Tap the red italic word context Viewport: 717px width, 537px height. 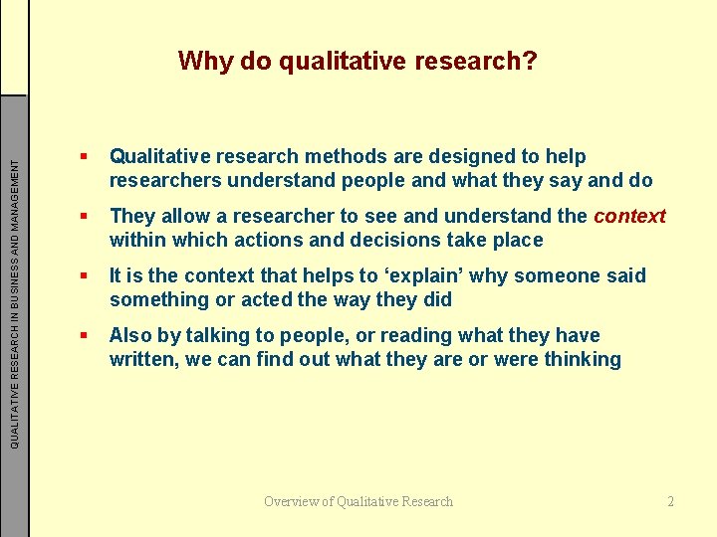tap(629, 216)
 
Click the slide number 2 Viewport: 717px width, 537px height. tap(671, 501)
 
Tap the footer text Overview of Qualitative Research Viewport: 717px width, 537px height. tap(358, 501)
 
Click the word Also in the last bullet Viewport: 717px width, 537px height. tap(130, 335)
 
